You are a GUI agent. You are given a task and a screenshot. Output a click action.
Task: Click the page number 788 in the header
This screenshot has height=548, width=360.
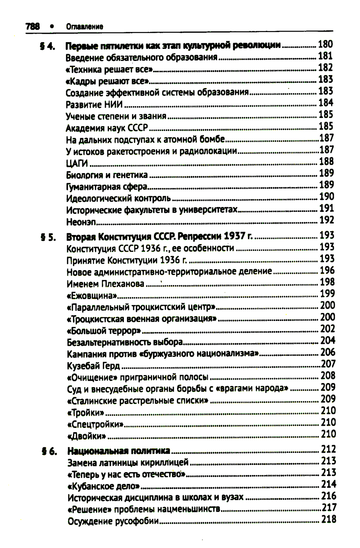click(32, 26)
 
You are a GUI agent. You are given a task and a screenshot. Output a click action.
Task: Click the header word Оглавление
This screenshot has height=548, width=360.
click(85, 27)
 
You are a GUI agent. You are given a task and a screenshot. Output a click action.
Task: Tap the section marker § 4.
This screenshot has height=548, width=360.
click(47, 46)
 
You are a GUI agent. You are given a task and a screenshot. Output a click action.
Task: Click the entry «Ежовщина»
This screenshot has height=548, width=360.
click(92, 296)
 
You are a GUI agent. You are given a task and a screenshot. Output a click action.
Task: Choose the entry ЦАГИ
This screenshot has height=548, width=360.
click(77, 163)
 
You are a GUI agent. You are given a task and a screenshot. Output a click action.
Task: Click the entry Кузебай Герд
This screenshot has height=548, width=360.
click(94, 366)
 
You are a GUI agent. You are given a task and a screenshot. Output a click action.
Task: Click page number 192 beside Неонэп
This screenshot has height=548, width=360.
click(327, 220)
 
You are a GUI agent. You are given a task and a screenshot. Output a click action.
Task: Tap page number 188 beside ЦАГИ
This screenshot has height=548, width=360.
click(327, 162)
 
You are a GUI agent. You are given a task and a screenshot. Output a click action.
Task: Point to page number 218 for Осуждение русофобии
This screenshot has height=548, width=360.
click(329, 519)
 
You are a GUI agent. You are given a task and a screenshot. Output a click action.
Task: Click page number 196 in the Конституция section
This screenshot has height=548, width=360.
click(327, 270)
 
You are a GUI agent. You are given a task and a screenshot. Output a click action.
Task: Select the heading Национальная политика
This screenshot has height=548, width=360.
click(119, 451)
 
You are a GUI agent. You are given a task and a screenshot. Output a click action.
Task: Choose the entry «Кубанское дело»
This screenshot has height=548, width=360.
click(104, 486)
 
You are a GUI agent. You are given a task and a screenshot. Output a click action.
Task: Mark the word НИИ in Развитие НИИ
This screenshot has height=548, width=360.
click(113, 105)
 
